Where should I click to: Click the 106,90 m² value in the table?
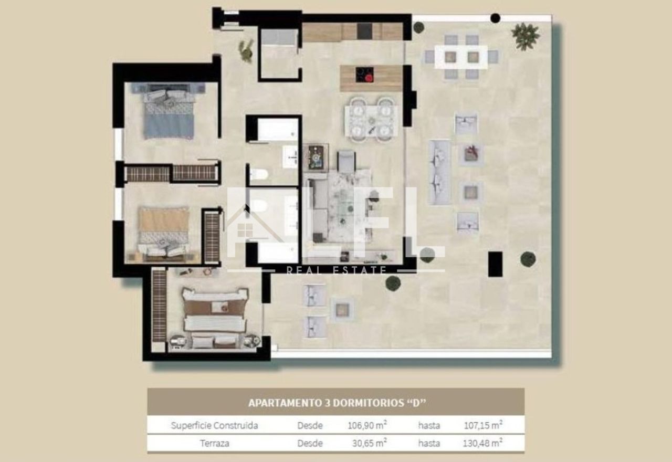(367, 425)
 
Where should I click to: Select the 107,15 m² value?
(483, 425)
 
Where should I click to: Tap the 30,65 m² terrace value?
(369, 443)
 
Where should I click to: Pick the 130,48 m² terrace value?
(482, 443)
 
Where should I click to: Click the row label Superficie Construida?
(214, 425)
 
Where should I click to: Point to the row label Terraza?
(215, 443)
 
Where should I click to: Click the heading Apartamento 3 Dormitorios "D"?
(337, 403)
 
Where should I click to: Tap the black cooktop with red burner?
(364, 75)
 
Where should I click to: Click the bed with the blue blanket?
(169, 114)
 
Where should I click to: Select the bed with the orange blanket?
(163, 232)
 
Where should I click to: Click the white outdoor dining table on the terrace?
(461, 57)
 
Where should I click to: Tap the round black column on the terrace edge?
(495, 18)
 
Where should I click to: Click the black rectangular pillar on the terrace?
(495, 264)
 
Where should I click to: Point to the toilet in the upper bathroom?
(259, 174)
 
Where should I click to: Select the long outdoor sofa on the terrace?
(440, 173)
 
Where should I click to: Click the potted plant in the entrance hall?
(246, 51)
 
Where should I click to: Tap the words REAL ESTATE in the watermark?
(337, 270)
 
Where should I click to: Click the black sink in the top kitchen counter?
(365, 31)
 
